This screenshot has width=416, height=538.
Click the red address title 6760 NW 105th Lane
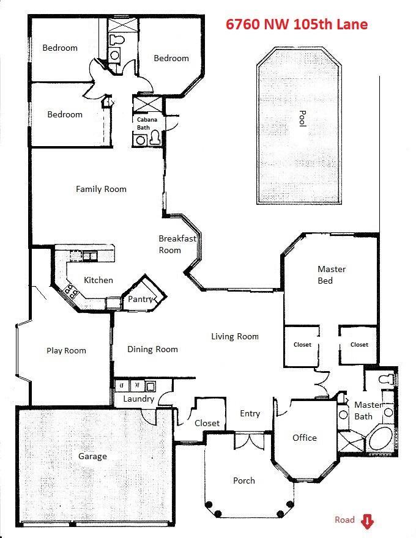[x=297, y=24]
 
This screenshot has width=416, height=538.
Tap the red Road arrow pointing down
[x=367, y=521]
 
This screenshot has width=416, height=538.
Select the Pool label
[x=302, y=119]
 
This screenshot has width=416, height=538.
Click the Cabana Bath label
[x=147, y=123]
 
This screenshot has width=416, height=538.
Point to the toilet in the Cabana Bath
[x=155, y=138]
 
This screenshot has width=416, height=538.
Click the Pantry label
[x=140, y=299]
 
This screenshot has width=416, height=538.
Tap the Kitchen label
[x=98, y=280]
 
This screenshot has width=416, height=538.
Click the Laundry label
[x=138, y=399]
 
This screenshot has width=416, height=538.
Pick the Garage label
[x=92, y=456]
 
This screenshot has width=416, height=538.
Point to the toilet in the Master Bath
[x=386, y=379]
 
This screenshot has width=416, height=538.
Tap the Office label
[x=305, y=438]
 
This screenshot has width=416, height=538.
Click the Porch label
[x=244, y=481]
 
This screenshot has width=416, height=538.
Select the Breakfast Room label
[x=177, y=244]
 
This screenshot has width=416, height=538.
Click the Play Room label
[x=66, y=351]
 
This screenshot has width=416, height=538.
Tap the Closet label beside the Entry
[x=207, y=423]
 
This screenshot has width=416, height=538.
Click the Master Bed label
[x=331, y=275]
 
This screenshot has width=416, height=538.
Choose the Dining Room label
[x=152, y=349]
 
